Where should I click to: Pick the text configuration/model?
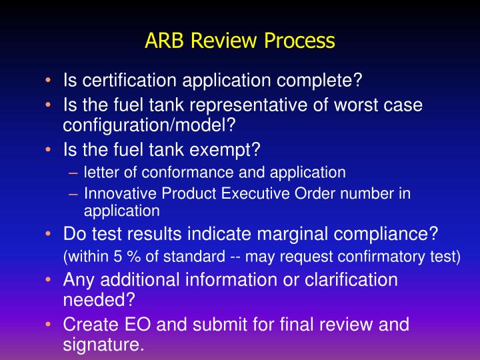click(x=150, y=125)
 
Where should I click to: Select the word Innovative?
click(x=114, y=194)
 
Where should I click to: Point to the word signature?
click(x=103, y=345)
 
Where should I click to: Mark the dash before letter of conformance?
click(x=74, y=172)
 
